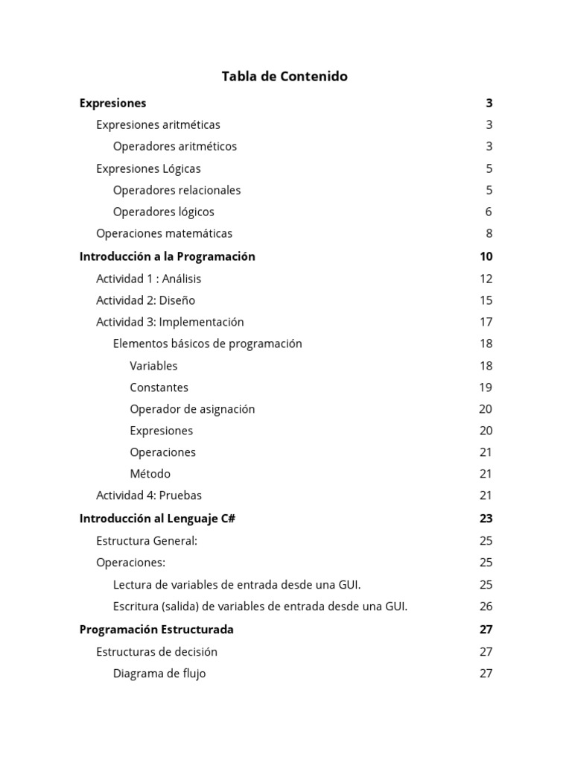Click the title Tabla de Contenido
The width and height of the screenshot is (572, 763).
[285, 76]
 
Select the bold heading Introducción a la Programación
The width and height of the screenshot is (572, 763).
[167, 256]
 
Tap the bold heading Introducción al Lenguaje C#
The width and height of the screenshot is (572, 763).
[157, 519]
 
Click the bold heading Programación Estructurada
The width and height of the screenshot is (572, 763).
[156, 630]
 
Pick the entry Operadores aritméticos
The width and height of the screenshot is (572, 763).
[175, 147]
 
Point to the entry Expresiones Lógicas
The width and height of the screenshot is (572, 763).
[148, 169]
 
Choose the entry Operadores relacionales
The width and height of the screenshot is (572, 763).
[177, 191]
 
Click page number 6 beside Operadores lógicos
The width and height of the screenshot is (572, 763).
[489, 212]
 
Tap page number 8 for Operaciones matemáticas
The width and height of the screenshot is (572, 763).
[489, 234]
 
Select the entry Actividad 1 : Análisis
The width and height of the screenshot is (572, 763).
[148, 279]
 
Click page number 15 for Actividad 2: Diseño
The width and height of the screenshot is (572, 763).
[486, 300]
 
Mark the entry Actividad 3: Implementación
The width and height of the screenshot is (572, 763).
[170, 322]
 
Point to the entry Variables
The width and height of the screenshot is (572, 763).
[153, 366]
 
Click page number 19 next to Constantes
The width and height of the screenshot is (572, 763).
[486, 387]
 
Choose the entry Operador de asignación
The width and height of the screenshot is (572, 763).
[192, 409]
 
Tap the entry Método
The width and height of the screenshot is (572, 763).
[150, 474]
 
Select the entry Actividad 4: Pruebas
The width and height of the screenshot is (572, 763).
[149, 496]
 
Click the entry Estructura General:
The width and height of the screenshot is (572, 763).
[147, 541]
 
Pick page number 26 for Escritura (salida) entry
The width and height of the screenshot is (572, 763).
[486, 607]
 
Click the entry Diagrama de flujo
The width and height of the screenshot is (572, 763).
[159, 674]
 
